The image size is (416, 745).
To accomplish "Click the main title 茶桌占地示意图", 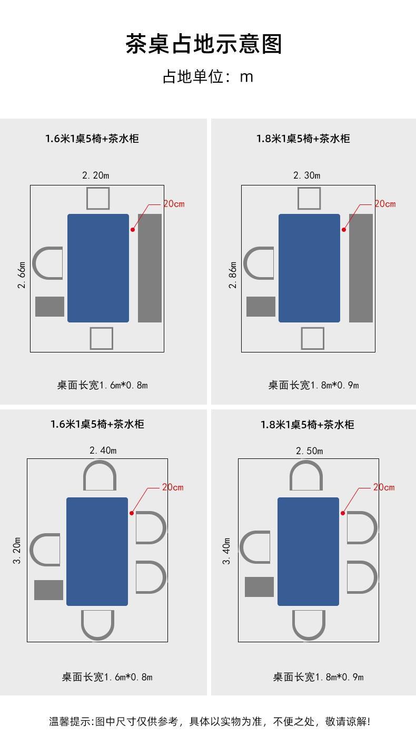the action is point(204,44).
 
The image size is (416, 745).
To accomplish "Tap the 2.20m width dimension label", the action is point(95,175).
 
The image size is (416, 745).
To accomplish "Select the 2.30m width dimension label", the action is point(306,175).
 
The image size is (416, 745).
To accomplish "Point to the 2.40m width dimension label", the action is point(103,450).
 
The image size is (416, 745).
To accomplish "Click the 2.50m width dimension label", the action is point(309,451).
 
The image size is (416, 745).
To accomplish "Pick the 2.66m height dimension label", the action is point(22,275).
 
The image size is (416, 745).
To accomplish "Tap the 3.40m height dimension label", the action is point(227,551).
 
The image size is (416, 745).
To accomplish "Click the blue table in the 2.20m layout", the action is point(98,268).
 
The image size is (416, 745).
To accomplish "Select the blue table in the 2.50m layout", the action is point(308,551).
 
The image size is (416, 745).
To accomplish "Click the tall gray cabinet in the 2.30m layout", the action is point(361,268).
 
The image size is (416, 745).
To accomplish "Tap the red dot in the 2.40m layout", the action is point(132,513).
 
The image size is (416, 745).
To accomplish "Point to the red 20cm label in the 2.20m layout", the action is point(174,204).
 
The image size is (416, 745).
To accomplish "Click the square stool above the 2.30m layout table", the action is point(309,198).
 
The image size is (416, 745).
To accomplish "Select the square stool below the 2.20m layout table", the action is point(101,338).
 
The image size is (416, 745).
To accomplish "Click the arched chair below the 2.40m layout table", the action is point(98,624).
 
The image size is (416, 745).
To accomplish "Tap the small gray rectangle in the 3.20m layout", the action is point(48,590).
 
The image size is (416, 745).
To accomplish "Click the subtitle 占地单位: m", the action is point(207,77).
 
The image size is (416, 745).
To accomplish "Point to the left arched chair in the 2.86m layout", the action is point(259,263).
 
